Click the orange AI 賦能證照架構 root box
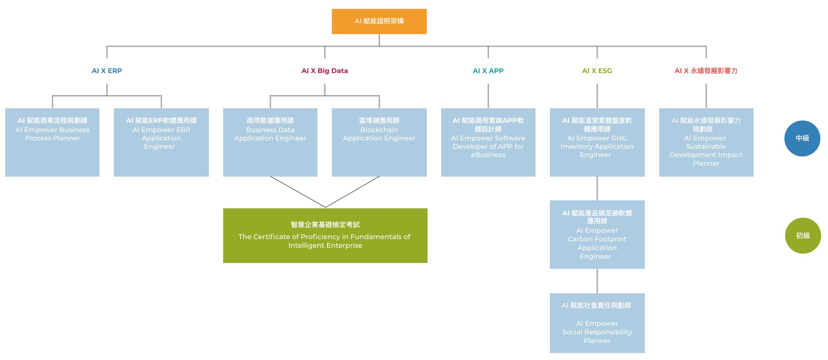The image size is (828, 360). click(x=379, y=21)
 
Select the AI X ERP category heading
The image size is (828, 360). click(x=107, y=71)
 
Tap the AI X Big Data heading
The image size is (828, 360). click(x=324, y=71)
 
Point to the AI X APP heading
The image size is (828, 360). click(x=488, y=71)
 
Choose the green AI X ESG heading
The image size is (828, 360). click(x=597, y=71)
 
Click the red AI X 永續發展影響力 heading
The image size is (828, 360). click(x=706, y=71)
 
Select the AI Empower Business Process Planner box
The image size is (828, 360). click(x=52, y=142)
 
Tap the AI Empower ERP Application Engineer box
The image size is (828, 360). click(x=161, y=142)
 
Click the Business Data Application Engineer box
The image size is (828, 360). click(x=270, y=142)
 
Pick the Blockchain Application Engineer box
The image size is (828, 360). click(x=379, y=142)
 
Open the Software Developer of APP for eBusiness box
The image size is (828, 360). click(x=488, y=142)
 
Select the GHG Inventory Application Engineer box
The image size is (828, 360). click(x=597, y=142)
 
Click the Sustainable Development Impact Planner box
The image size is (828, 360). click(x=706, y=142)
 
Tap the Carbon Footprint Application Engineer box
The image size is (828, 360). click(x=597, y=234)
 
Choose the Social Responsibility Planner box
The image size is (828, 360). click(x=597, y=323)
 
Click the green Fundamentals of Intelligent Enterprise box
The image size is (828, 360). click(x=325, y=235)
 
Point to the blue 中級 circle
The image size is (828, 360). click(x=802, y=138)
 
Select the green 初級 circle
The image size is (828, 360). click(x=803, y=235)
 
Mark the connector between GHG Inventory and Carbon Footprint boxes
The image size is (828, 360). click(x=597, y=188)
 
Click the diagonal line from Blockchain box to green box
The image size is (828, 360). click(x=352, y=192)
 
